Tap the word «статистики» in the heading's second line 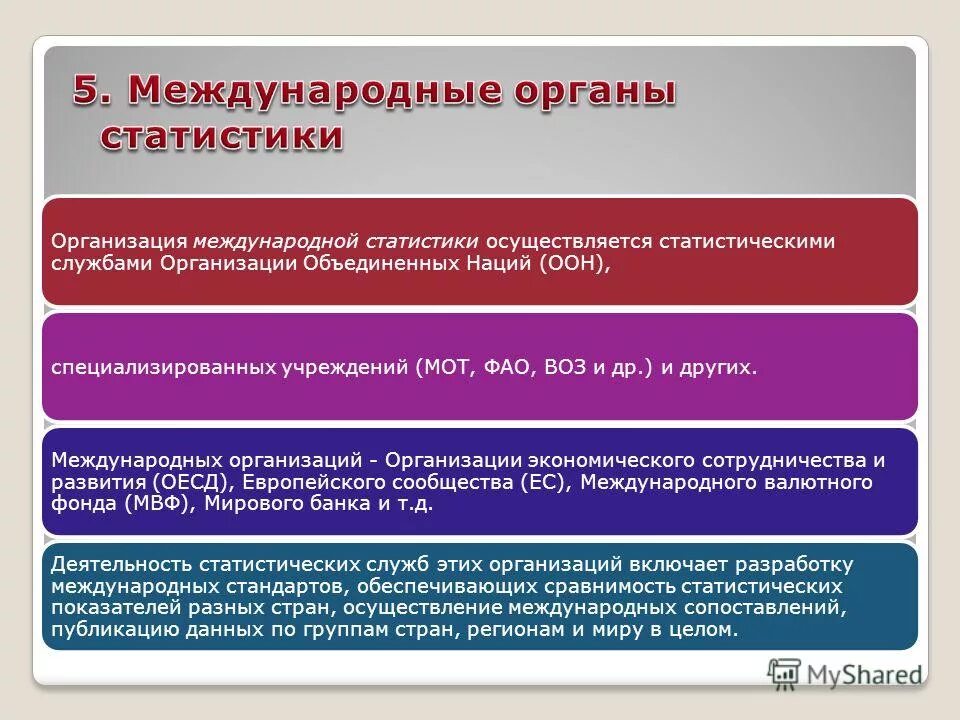221,136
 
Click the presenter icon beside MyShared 785,672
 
